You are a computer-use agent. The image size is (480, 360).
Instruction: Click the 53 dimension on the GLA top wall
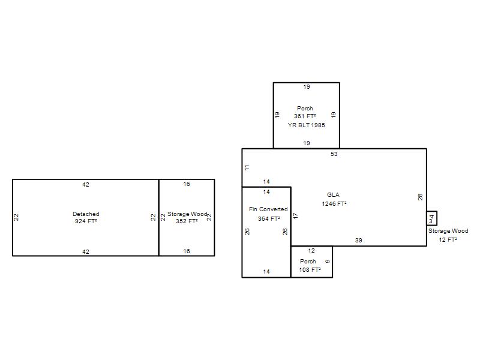334,154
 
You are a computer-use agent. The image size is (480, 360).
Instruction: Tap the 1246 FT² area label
334,204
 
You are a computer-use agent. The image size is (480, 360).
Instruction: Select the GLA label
333,194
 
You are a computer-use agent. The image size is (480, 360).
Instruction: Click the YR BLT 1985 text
306,125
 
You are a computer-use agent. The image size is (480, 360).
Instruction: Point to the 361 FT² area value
305,116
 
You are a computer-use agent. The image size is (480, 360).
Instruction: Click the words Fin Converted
268,209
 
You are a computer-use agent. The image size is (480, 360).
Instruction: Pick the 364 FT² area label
269,219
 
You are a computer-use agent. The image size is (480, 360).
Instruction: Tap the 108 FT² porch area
310,269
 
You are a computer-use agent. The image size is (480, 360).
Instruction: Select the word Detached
86,214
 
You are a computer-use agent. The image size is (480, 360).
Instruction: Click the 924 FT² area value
86,221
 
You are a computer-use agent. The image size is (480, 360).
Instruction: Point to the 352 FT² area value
187,221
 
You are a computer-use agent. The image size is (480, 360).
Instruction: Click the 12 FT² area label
448,239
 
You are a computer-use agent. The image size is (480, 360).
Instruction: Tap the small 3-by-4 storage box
431,218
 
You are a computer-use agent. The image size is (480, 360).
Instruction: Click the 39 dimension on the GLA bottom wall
358,241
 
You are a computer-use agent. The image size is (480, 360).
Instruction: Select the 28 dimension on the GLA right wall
421,197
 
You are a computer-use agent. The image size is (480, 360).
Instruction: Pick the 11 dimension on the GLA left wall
247,167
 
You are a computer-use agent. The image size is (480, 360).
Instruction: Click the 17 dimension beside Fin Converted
295,215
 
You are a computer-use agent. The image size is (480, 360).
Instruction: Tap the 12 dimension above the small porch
311,251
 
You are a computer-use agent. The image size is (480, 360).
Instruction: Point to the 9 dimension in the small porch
328,261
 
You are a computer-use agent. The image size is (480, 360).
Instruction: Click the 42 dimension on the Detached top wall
86,185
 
